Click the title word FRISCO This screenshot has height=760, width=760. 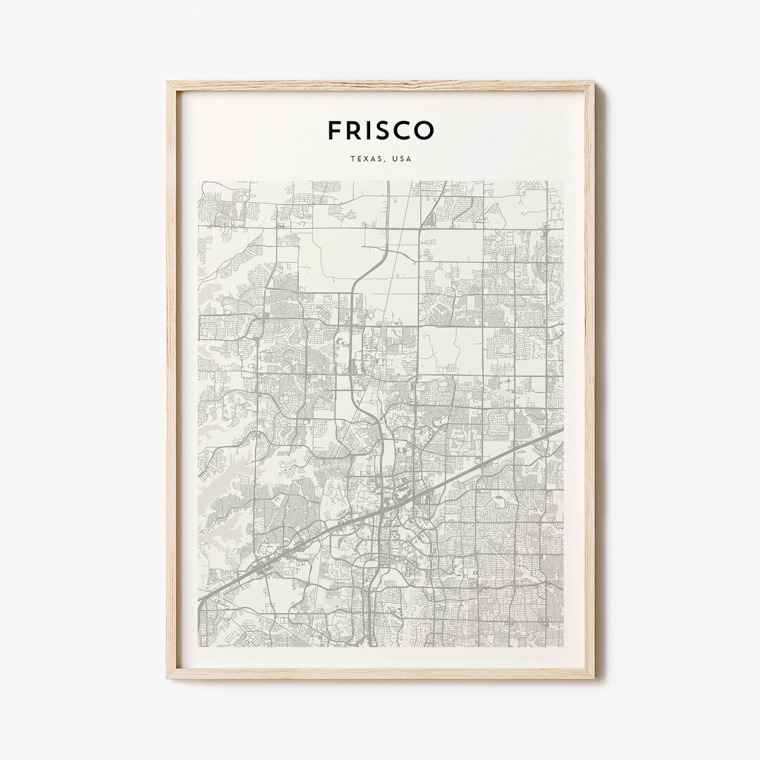[x=380, y=130]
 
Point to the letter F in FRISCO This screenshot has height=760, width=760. [x=334, y=130]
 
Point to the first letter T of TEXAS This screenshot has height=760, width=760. [x=350, y=160]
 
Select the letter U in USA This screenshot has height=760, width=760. [x=396, y=160]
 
